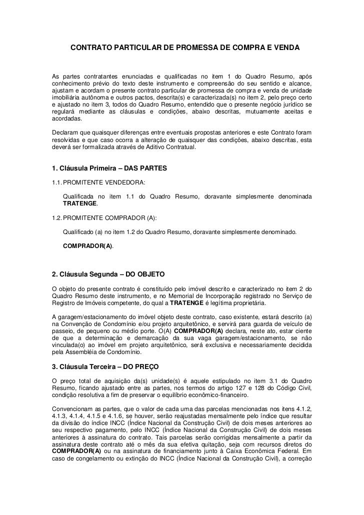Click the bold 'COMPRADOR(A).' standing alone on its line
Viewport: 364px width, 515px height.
88,247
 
